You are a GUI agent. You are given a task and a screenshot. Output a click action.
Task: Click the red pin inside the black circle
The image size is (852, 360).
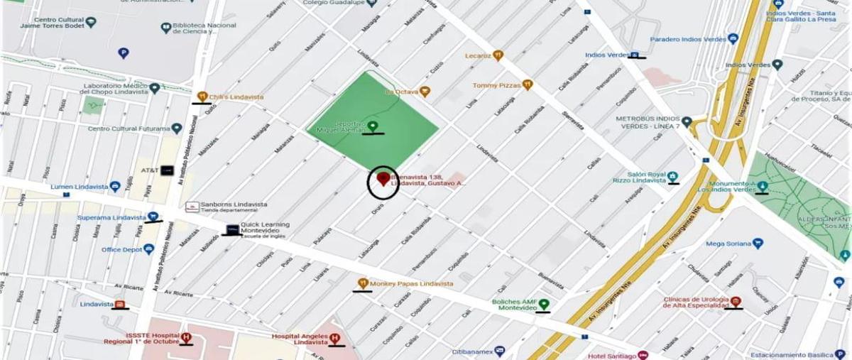[x=383, y=178]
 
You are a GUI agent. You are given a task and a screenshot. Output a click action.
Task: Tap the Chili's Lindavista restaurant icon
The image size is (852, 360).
[x=202, y=97]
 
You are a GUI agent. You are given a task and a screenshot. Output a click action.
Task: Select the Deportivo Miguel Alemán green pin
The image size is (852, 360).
[x=372, y=126]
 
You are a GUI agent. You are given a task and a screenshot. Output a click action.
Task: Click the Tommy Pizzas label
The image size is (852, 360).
[x=496, y=85]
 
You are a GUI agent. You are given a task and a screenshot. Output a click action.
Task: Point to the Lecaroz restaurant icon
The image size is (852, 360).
[x=498, y=55]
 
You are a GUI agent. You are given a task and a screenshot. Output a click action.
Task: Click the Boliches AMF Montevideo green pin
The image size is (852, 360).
[x=544, y=305]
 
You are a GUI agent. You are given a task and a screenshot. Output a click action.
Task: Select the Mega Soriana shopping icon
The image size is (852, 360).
[x=758, y=244]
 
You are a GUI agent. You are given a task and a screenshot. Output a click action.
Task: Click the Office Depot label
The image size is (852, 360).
[x=121, y=249]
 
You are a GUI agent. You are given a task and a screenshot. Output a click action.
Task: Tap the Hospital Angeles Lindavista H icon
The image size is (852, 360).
[x=334, y=339]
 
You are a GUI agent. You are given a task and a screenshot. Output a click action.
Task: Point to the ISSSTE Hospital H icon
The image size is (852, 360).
[x=186, y=338]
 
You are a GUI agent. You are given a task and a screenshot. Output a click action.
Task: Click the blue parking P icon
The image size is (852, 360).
[x=124, y=53]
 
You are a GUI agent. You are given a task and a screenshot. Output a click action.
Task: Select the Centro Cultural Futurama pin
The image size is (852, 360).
[x=177, y=129]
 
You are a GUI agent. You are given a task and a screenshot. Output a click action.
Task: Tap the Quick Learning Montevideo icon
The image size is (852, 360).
[x=232, y=230]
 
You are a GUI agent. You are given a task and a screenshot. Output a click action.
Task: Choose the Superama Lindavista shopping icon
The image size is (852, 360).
[x=153, y=217]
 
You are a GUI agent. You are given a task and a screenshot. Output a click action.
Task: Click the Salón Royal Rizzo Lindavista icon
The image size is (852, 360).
[x=672, y=176]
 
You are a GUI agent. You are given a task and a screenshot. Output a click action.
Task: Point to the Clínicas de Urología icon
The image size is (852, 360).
[x=736, y=302]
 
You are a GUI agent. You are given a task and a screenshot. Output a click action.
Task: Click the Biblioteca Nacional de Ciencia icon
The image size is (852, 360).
[x=165, y=28]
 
